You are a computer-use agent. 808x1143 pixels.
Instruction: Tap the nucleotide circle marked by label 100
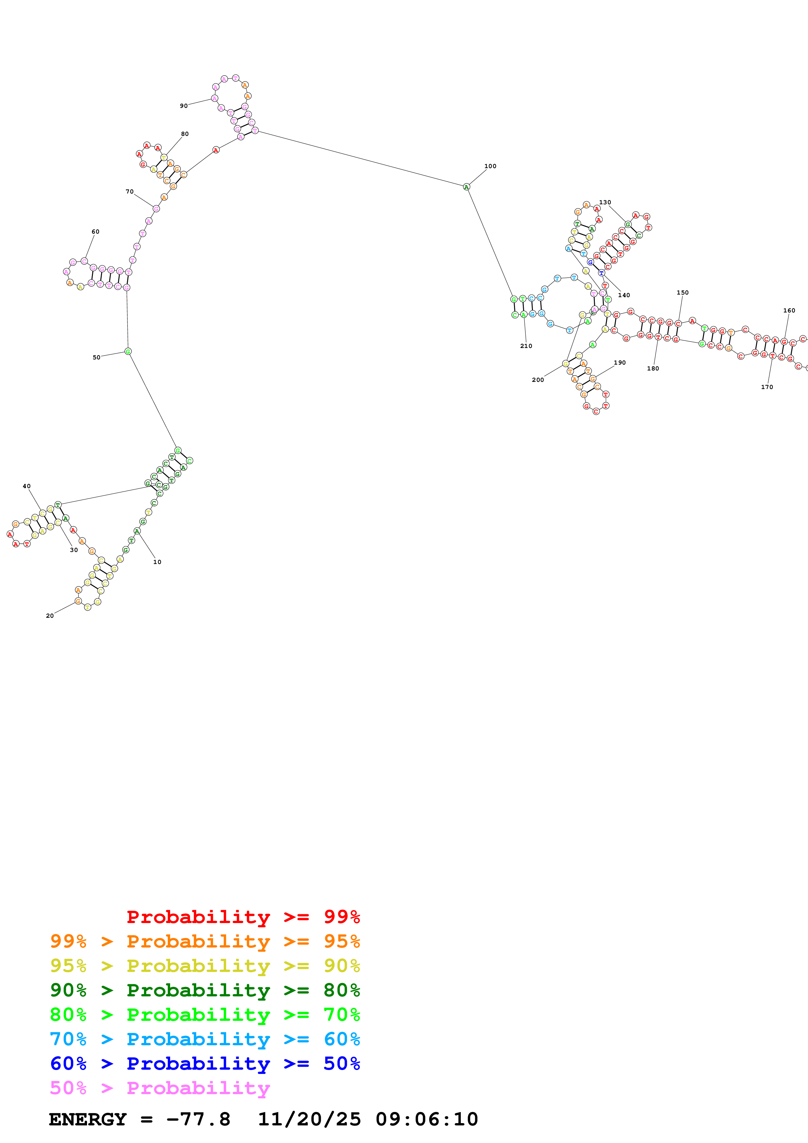466,187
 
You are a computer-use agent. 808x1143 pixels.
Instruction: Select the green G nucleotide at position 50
128,352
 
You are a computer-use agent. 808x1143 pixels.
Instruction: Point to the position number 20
50,616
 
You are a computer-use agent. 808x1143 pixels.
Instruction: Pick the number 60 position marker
95,231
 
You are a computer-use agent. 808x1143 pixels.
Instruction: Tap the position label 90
184,106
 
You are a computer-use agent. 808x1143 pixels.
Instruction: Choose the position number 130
605,203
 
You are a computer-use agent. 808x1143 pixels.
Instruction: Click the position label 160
789,311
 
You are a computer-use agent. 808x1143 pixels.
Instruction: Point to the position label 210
526,346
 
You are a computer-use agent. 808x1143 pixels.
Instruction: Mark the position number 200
538,380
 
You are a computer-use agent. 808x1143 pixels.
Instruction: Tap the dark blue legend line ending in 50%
205,1063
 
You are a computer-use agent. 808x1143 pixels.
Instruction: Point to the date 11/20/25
309,1120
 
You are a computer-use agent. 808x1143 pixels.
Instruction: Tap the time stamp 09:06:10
427,1120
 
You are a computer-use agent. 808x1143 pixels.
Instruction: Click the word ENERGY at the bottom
88,1120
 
